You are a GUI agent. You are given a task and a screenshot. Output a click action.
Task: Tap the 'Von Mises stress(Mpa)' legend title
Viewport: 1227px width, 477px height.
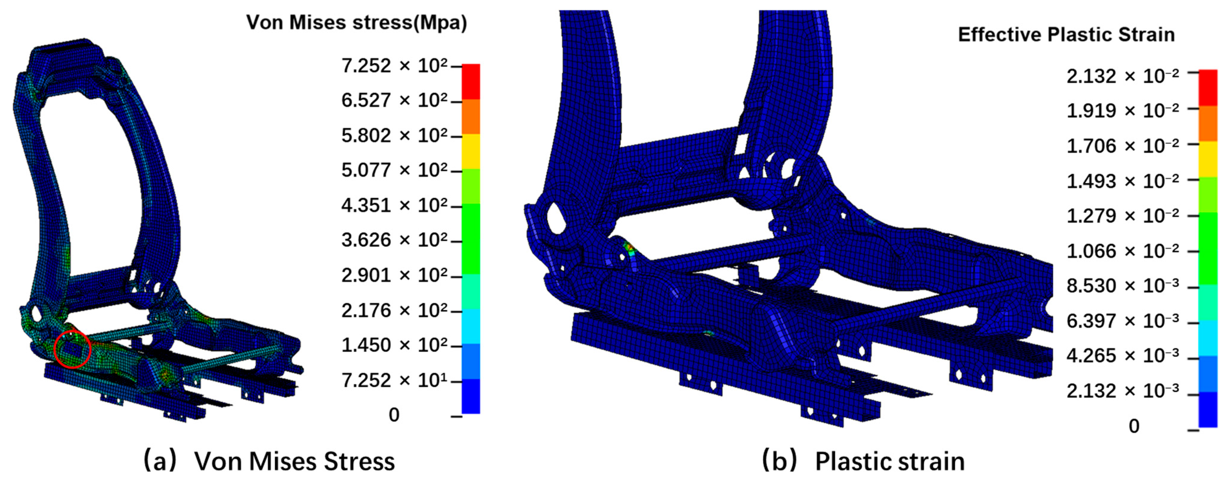click(x=357, y=22)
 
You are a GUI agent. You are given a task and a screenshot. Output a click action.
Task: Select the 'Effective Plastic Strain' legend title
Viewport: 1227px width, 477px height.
click(x=1066, y=35)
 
